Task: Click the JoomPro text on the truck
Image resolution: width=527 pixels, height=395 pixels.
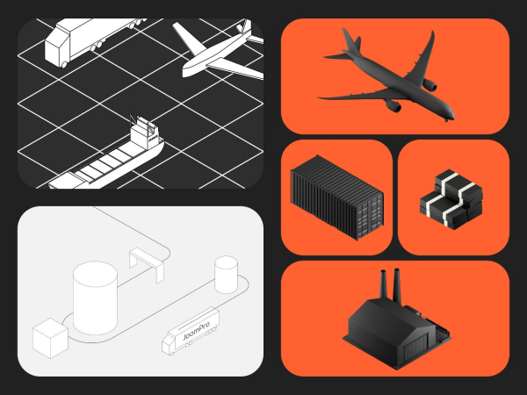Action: [196, 331]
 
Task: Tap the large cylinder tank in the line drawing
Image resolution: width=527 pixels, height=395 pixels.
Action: [96, 298]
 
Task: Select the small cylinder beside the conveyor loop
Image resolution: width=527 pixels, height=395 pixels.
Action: [227, 275]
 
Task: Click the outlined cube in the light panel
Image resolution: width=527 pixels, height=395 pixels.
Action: [50, 338]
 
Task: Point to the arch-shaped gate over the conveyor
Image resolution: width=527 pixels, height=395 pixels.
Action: [147, 264]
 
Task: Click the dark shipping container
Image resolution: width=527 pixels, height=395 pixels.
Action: [337, 197]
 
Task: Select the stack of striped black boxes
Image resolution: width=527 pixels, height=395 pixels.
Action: [451, 199]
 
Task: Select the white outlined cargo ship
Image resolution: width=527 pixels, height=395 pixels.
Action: [106, 154]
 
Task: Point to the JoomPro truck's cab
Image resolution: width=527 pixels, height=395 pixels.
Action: [169, 344]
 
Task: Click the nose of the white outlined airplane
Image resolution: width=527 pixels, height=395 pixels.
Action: [185, 72]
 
